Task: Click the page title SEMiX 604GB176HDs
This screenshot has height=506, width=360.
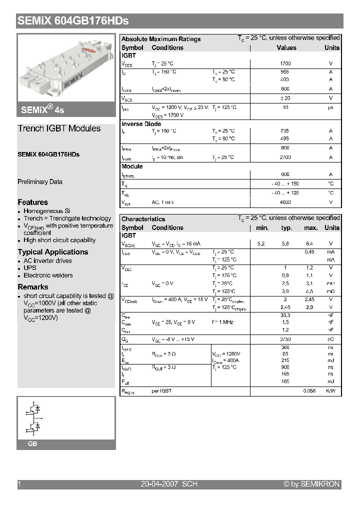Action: pyautogui.click(x=73, y=20)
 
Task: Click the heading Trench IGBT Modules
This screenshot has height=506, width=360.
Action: pyautogui.click(x=59, y=128)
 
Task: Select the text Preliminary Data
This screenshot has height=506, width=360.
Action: pyautogui.click(x=40, y=182)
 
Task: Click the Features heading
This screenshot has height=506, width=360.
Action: pyautogui.click(x=33, y=202)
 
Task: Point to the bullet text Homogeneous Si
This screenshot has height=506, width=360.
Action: pyautogui.click(x=47, y=211)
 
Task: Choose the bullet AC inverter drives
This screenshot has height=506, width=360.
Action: pyautogui.click(x=47, y=260)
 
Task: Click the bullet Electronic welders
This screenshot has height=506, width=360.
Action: pyautogui.click(x=48, y=275)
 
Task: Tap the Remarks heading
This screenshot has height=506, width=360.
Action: pyautogui.click(x=33, y=287)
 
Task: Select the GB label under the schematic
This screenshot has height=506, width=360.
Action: pyautogui.click(x=32, y=444)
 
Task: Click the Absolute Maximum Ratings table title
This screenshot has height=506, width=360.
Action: pyautogui.click(x=161, y=39)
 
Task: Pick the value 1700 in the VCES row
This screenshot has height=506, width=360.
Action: pyautogui.click(x=285, y=63)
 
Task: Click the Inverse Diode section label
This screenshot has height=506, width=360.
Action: pyautogui.click(x=141, y=124)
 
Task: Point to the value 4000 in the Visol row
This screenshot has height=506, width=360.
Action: pyautogui.click(x=285, y=202)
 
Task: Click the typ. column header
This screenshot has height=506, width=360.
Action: pyautogui.click(x=286, y=227)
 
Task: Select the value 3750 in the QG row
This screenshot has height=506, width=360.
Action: pyautogui.click(x=285, y=339)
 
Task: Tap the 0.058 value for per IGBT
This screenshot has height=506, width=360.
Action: pyautogui.click(x=309, y=390)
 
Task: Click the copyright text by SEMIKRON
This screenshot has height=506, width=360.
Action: pyautogui.click(x=311, y=484)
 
